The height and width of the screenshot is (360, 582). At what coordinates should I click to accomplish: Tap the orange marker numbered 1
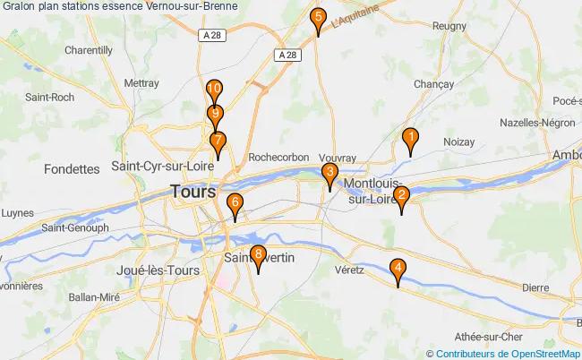pos(410,139)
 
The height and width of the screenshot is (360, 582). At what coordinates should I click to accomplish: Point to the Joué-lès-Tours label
pos(157,270)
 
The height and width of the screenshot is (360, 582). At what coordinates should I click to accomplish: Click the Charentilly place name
pos(88,50)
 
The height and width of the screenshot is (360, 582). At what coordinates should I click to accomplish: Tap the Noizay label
pos(458,141)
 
